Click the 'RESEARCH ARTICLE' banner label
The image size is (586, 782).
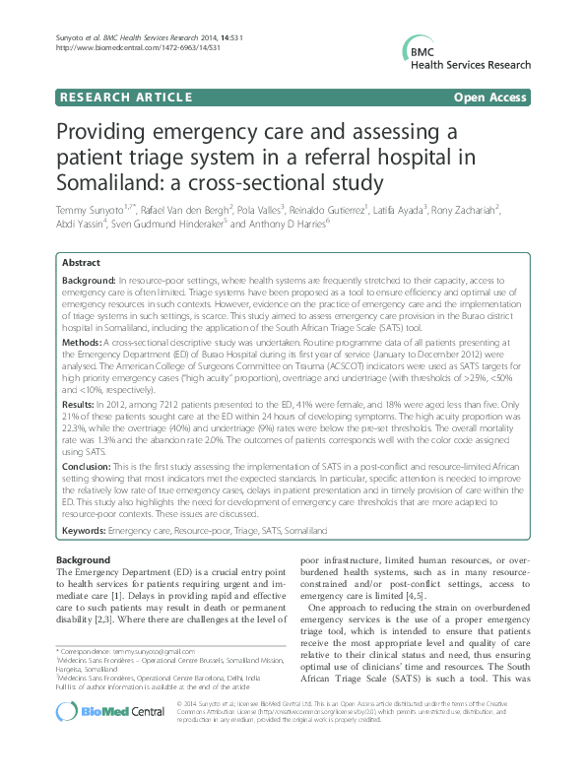[125, 98]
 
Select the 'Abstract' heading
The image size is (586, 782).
[81, 263]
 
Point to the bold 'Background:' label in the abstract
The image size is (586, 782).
[91, 282]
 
